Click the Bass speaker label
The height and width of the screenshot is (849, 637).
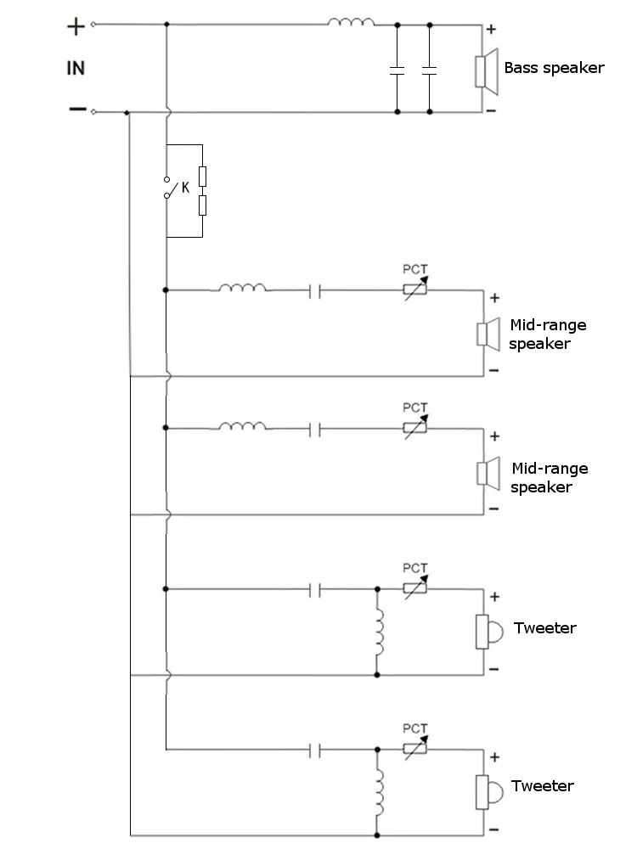pos(554,68)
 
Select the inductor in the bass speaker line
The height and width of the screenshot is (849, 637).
pos(351,20)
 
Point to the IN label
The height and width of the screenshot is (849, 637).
pos(76,68)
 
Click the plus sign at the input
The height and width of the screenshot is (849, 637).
pos(76,26)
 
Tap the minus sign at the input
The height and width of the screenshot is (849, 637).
pos(76,109)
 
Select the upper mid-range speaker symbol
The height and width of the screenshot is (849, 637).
pos(485,333)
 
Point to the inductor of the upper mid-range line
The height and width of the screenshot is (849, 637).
pos(242,289)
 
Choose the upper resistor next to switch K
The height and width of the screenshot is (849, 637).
pos(202,177)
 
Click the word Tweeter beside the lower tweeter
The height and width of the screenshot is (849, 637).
pos(544,786)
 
